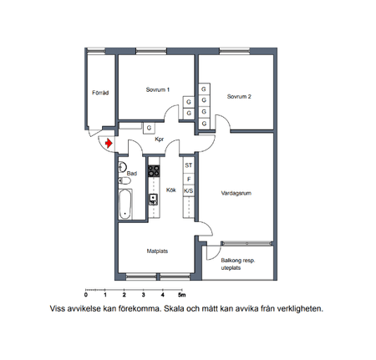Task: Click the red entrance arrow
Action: tap(109, 144)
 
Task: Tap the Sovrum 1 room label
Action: tap(157, 90)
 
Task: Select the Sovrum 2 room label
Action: tap(239, 96)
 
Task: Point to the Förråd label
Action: tap(99, 93)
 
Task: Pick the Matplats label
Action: tap(158, 250)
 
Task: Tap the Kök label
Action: tap(170, 190)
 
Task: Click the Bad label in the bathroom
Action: tap(131, 173)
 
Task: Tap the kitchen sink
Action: tap(154, 199)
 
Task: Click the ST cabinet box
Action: tap(189, 166)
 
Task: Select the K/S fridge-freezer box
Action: tap(189, 190)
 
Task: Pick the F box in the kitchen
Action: tap(189, 179)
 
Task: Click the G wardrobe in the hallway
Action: tap(148, 128)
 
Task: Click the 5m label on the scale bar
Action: tap(182, 297)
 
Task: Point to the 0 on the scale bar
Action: tap(86, 297)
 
